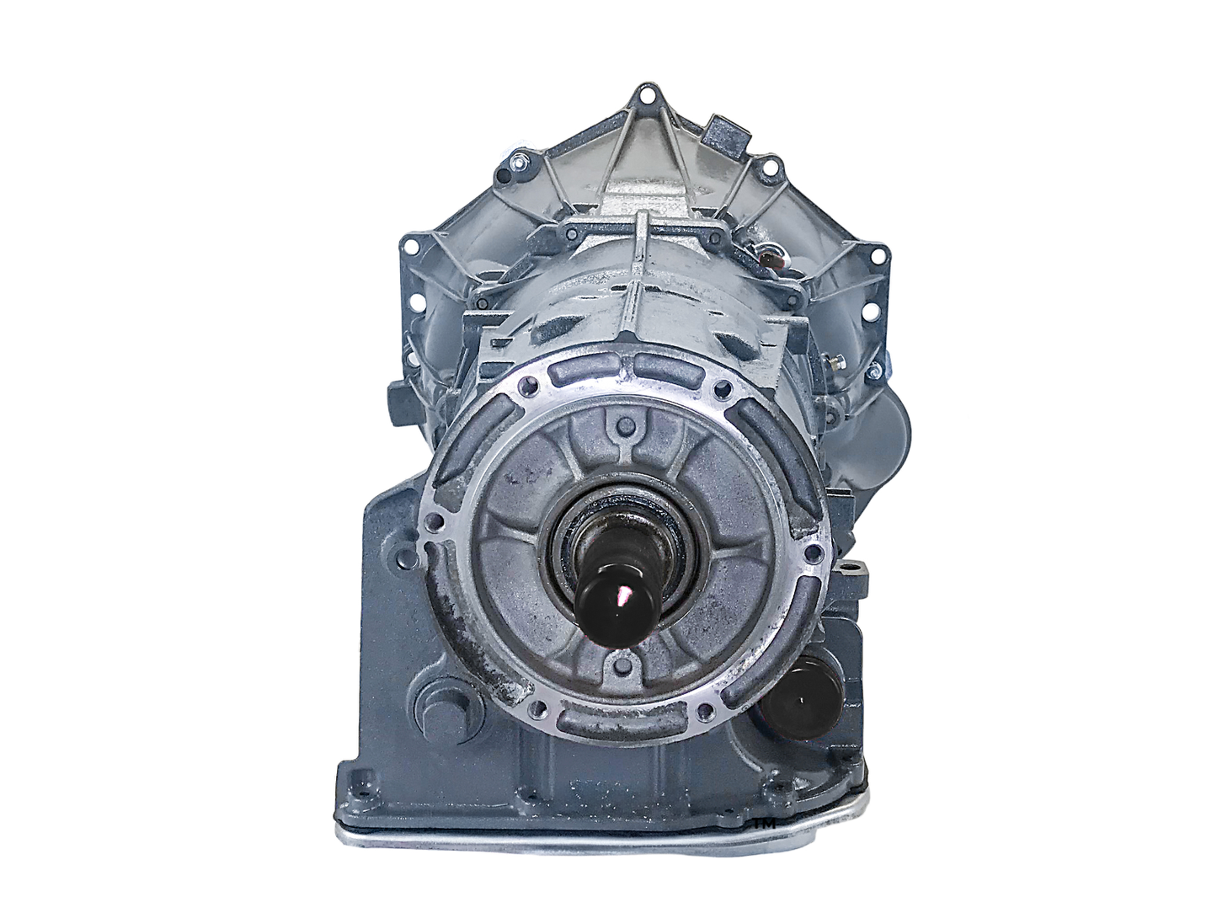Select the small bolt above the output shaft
pyautogui.click(x=621, y=423)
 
